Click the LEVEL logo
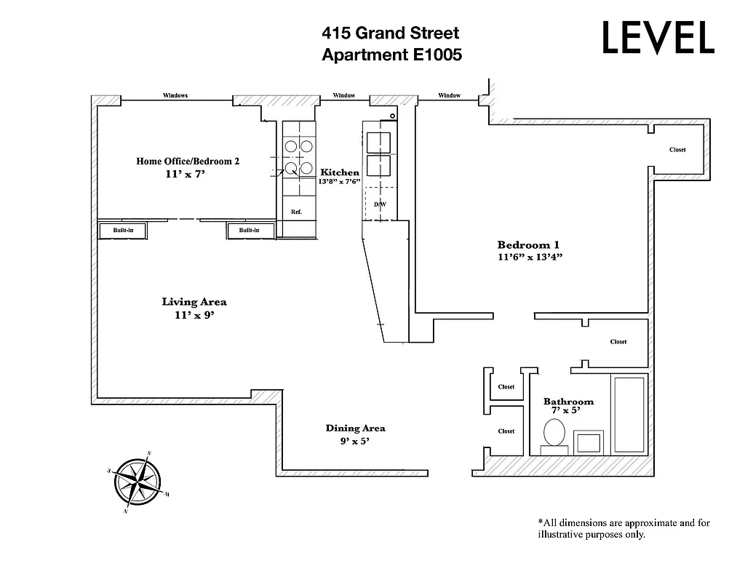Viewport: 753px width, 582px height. click(x=658, y=38)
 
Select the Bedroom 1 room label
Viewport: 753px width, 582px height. click(x=528, y=245)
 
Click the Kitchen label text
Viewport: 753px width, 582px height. click(x=340, y=172)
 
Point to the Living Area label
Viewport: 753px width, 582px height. click(x=194, y=302)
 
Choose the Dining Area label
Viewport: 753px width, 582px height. click(x=355, y=428)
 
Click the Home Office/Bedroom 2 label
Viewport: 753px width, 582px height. click(x=188, y=162)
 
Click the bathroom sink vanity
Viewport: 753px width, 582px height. click(x=589, y=442)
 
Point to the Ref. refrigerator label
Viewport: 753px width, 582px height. click(x=296, y=212)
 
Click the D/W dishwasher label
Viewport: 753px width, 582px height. click(x=380, y=204)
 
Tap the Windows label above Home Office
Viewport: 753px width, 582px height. click(x=175, y=95)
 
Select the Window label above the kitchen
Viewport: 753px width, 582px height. click(x=343, y=95)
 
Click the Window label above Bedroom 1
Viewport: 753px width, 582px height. click(x=449, y=95)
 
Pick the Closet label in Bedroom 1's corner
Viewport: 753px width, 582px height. click(x=677, y=150)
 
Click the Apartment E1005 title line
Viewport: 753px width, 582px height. click(x=391, y=55)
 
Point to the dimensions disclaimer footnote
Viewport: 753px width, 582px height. click(x=623, y=528)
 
